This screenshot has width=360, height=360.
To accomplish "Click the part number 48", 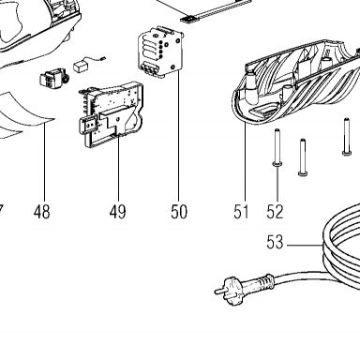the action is coord(41,212).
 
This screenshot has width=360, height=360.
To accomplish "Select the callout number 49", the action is coord(118,212).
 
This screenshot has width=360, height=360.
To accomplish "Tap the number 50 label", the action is coord(179,212).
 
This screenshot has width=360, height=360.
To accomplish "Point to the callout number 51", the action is coord(241,212).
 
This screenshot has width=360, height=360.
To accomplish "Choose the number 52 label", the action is coord(275,212).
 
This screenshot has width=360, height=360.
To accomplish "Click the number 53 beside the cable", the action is coord(275,242).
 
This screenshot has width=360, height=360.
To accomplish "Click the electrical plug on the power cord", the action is coord(229,288).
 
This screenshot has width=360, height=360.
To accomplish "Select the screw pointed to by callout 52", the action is coord(277,147).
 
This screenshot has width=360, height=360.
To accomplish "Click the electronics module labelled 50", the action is coord(160,52).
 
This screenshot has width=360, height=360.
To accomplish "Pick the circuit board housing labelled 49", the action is coord(111,114).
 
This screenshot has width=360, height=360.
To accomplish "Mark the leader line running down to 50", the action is coord(178,135).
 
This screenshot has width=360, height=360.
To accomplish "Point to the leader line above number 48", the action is coord(44,161).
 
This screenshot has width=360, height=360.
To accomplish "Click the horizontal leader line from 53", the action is coord(304,246).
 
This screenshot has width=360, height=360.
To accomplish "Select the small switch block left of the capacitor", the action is coord(54,78).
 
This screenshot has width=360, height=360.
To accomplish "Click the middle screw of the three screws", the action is coord(303,157).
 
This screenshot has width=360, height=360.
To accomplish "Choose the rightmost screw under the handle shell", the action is coord(346,136).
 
